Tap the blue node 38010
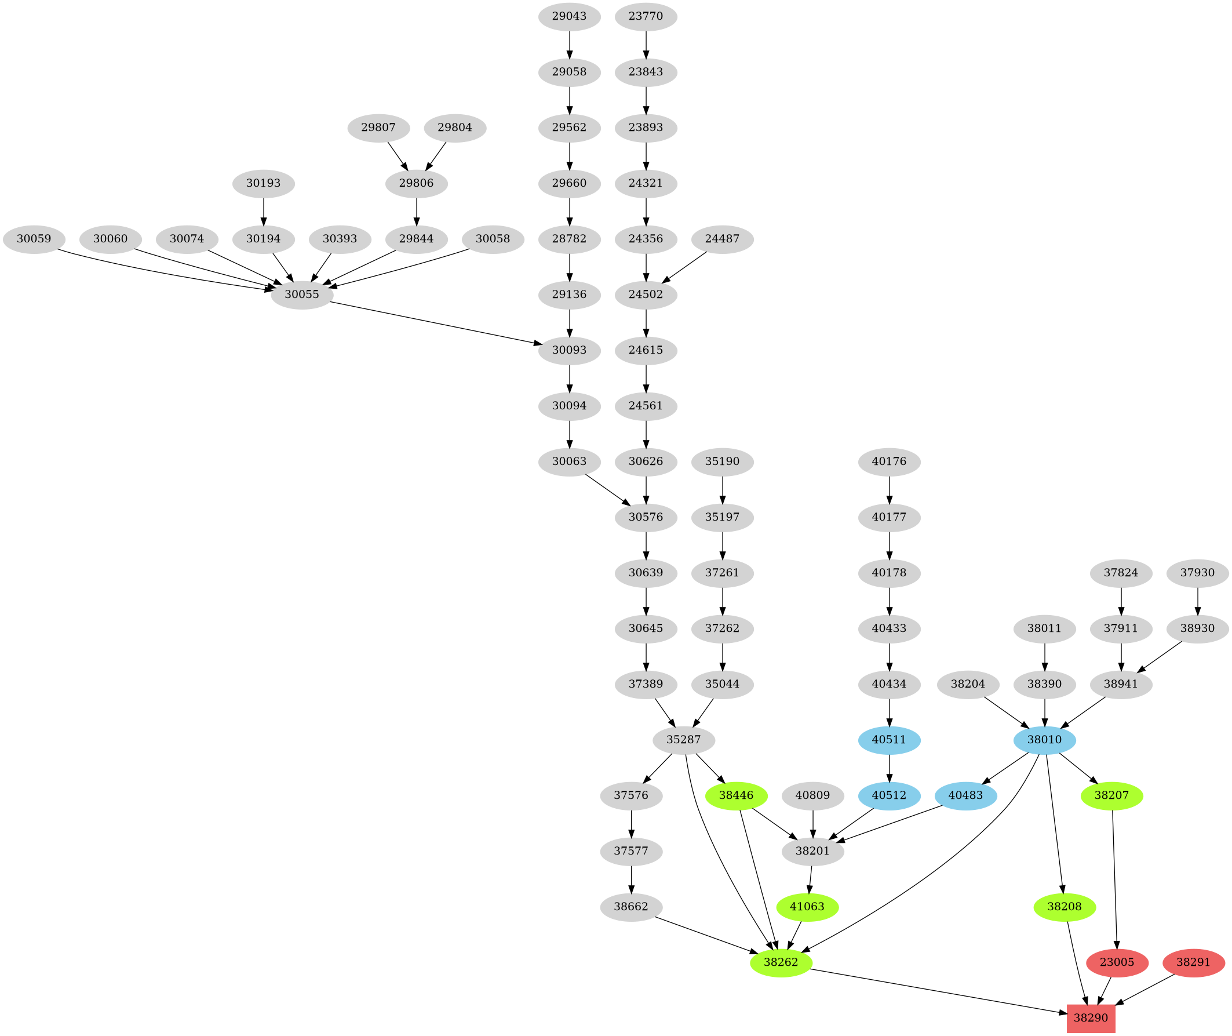pos(1044,739)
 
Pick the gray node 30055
pos(302,295)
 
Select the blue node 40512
pos(888,796)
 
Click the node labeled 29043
pos(568,16)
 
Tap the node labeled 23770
pos(646,16)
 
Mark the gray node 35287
pos(683,739)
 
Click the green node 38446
pos(736,796)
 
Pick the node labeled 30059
pos(34,239)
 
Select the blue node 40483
pos(965,796)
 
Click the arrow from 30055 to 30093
pos(435,322)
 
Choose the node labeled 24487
pos(722,239)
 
